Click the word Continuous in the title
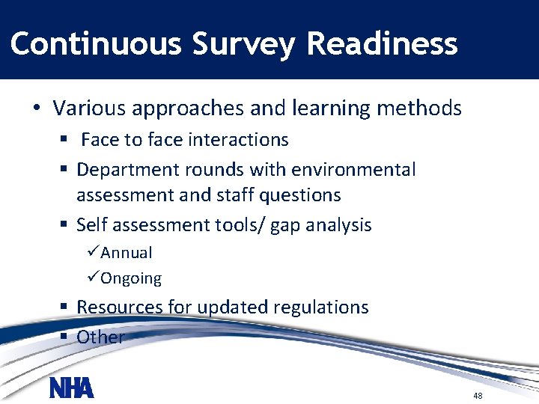[96, 43]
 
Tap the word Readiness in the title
[382, 43]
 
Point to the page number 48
[478, 395]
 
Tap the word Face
[99, 140]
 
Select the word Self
[93, 225]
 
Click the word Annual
[127, 253]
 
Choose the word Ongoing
[131, 278]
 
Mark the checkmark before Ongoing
[93, 278]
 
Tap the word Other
[100, 337]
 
